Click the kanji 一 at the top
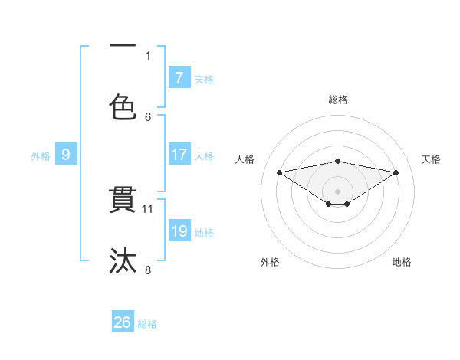click(123, 46)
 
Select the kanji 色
click(123, 106)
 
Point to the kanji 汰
click(123, 260)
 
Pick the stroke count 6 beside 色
click(148, 116)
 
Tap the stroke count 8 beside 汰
click(148, 270)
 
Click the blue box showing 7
click(179, 77)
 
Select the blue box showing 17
click(179, 155)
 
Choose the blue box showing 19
click(179, 231)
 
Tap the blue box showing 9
click(66, 155)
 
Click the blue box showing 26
click(123, 322)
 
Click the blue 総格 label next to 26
click(148, 324)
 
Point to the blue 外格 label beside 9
click(41, 156)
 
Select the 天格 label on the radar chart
click(432, 159)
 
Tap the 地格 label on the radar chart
click(402, 262)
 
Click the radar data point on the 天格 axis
click(396, 172)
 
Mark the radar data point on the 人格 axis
click(279, 172)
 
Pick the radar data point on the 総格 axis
click(338, 161)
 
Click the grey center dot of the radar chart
click(338, 191)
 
